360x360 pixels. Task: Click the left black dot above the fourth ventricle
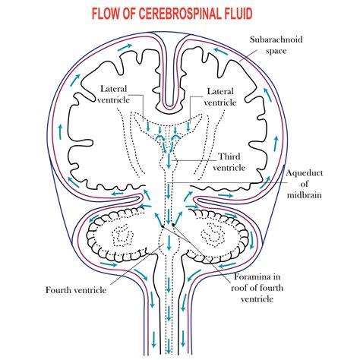(161, 225)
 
